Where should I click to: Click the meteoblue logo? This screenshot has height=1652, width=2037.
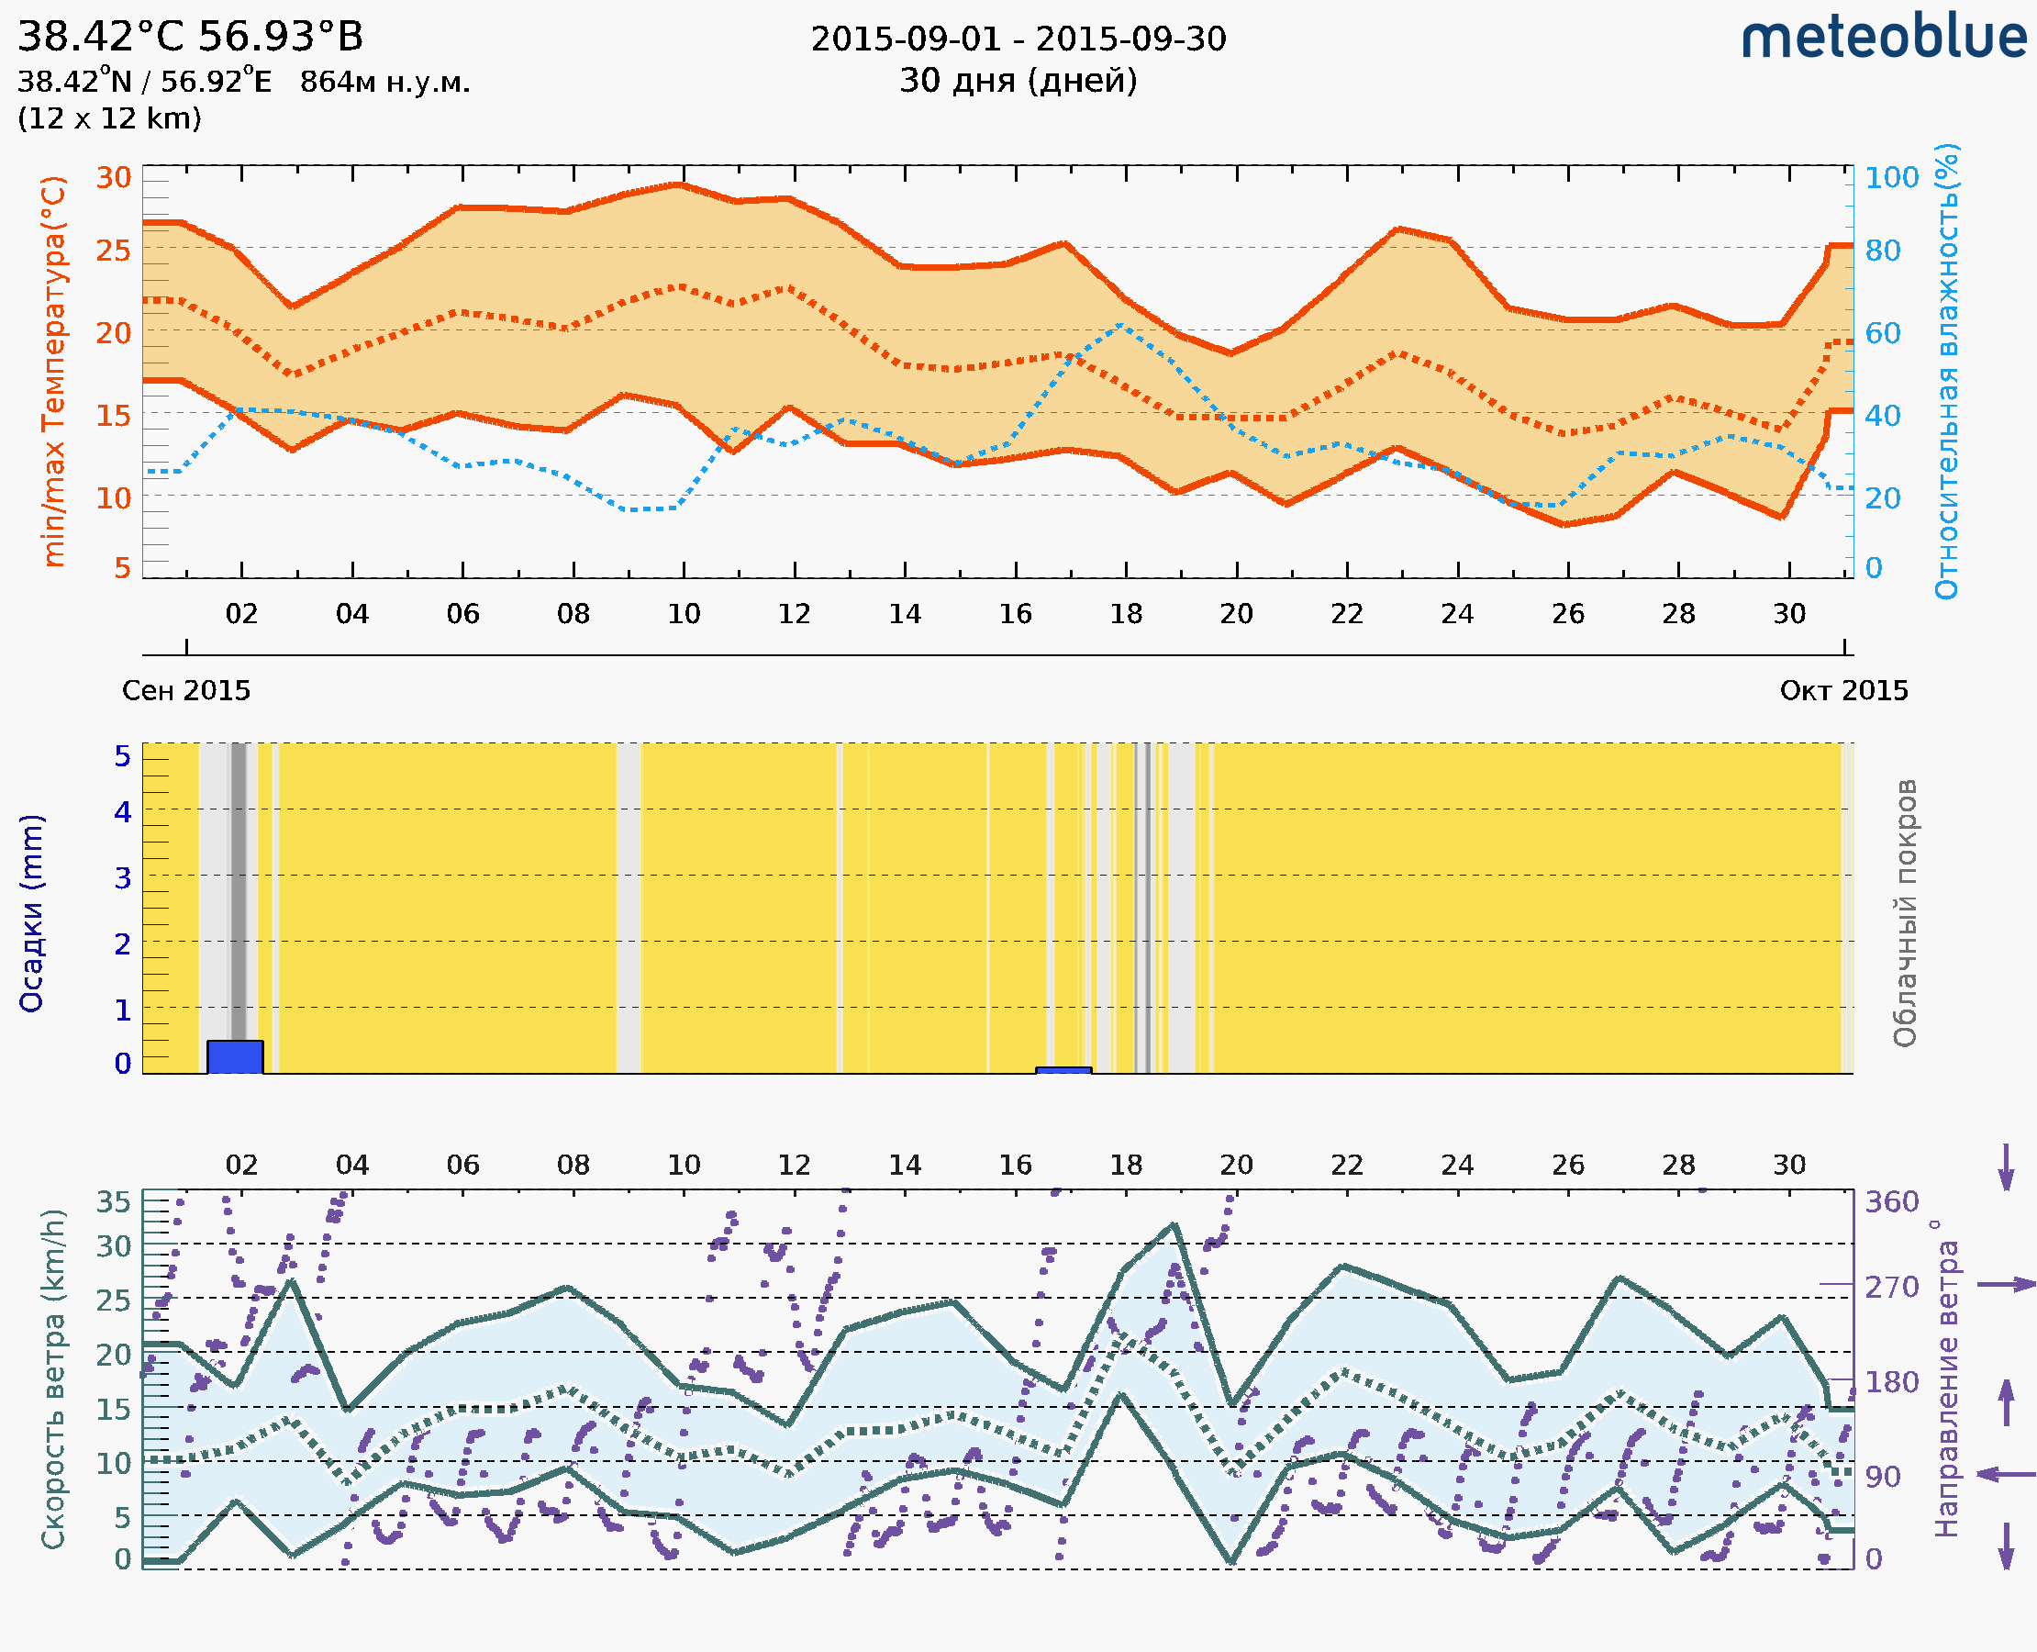pyautogui.click(x=1883, y=38)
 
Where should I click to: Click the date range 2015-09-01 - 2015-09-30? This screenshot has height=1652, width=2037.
pyautogui.click(x=1018, y=39)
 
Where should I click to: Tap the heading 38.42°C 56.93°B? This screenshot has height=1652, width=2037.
pyautogui.click(x=190, y=37)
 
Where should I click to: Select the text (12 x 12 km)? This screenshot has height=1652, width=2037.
pyautogui.click(x=109, y=119)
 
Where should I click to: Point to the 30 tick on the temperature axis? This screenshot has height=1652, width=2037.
pyautogui.click(x=113, y=177)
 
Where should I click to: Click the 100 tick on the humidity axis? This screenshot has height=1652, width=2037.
pyautogui.click(x=1891, y=177)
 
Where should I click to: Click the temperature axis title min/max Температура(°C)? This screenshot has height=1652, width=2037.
pyautogui.click(x=54, y=371)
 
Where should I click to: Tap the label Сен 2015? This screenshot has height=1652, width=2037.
pyautogui.click(x=186, y=691)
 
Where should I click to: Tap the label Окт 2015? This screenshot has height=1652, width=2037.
pyautogui.click(x=1844, y=691)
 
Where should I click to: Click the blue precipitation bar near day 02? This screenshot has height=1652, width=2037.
pyautogui.click(x=235, y=1057)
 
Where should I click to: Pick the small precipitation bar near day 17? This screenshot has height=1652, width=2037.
pyautogui.click(x=1063, y=1070)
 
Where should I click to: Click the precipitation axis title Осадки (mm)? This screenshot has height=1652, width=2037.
pyautogui.click(x=31, y=913)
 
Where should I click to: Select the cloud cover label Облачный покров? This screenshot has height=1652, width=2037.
pyautogui.click(x=1905, y=913)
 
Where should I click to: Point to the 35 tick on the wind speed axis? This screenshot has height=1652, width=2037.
pyautogui.click(x=113, y=1202)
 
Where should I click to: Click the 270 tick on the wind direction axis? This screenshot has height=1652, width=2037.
pyautogui.click(x=1891, y=1287)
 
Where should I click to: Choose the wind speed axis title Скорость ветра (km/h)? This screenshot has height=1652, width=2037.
pyautogui.click(x=53, y=1379)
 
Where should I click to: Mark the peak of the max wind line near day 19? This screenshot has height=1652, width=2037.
pyautogui.click(x=1175, y=1224)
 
